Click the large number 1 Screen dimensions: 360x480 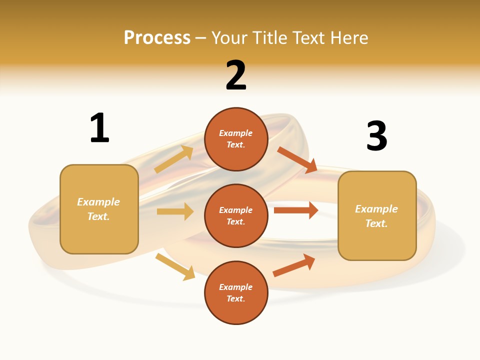99,128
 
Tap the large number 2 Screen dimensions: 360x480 236,75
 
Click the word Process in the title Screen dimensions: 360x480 157,37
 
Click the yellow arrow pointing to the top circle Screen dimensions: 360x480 174,160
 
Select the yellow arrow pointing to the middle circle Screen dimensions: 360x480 175,211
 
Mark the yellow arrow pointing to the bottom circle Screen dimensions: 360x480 175,266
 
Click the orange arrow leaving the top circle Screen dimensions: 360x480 297,160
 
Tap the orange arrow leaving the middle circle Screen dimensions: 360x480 296,210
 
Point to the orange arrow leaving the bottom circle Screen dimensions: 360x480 294,265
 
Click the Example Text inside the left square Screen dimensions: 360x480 98,209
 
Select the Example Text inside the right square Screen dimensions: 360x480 376,216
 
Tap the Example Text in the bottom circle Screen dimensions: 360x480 236,292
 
